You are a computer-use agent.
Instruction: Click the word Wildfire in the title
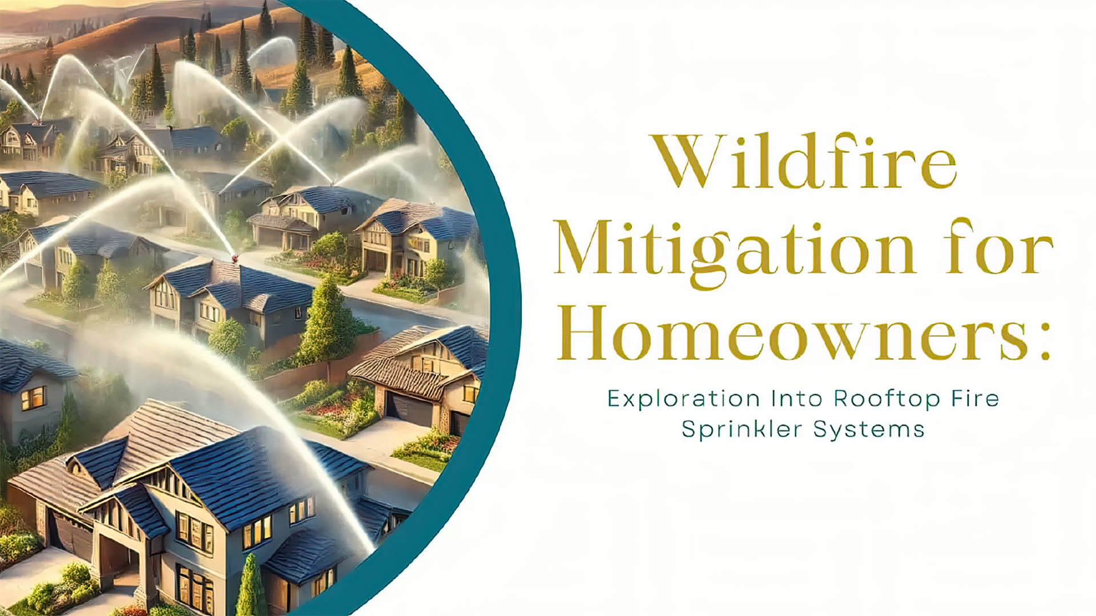[805, 162]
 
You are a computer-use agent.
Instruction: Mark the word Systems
[869, 429]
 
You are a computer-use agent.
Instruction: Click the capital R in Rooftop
[843, 398]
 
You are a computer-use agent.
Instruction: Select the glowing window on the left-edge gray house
[33, 398]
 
